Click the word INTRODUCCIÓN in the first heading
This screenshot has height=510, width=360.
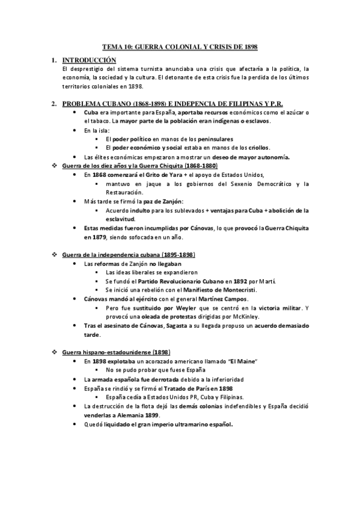coord(90,60)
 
